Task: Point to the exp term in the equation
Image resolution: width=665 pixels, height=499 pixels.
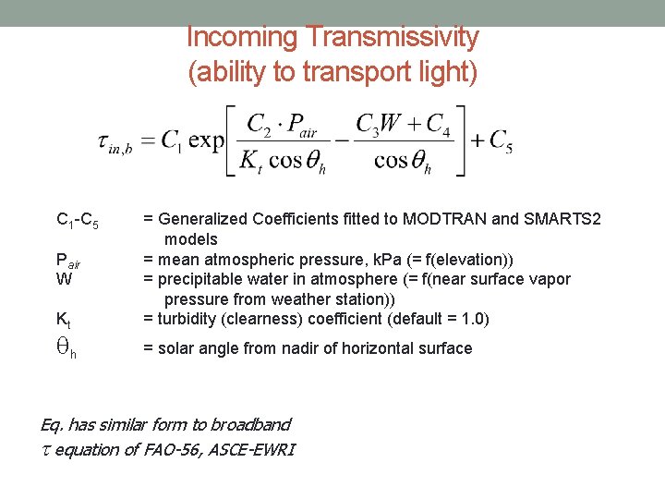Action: pos(204,140)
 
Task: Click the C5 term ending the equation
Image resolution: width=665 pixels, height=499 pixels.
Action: pos(500,141)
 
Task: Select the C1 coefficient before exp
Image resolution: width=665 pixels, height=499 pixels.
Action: pos(171,140)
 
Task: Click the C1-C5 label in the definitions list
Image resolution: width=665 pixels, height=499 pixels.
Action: pos(78,221)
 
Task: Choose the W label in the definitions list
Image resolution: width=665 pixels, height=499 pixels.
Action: pos(64,279)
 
